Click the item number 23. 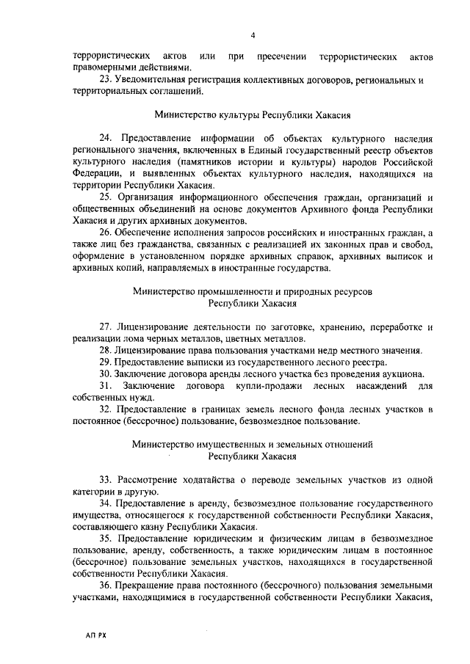point(105,80)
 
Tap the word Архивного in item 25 point(324,209)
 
